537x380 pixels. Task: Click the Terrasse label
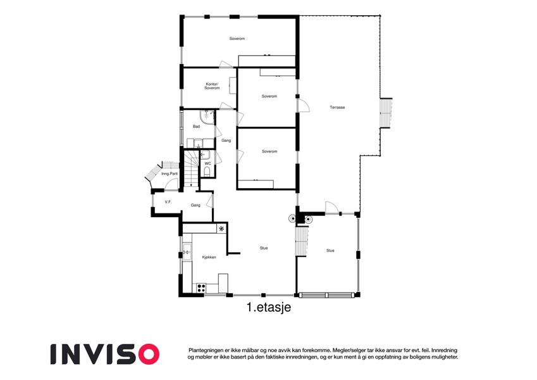click(337, 107)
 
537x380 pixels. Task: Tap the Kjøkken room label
click(209, 257)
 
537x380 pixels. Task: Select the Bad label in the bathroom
click(196, 127)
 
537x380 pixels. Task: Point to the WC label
click(208, 163)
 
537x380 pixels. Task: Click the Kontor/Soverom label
click(212, 86)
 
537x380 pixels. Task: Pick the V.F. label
click(168, 202)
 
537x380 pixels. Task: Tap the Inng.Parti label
click(170, 174)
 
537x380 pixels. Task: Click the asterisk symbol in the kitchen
click(221, 229)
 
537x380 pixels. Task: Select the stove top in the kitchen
click(201, 288)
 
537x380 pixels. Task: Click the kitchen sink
click(187, 253)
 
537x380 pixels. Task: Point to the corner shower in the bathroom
click(207, 117)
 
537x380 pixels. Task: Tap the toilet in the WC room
click(207, 172)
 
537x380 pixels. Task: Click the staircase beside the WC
click(192, 168)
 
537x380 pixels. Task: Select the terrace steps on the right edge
click(386, 113)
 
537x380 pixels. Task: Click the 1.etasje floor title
click(269, 307)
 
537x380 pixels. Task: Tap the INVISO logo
click(105, 354)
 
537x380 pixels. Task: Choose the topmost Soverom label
click(237, 39)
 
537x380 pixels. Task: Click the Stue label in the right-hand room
click(330, 251)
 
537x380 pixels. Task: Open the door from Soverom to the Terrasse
click(304, 105)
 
